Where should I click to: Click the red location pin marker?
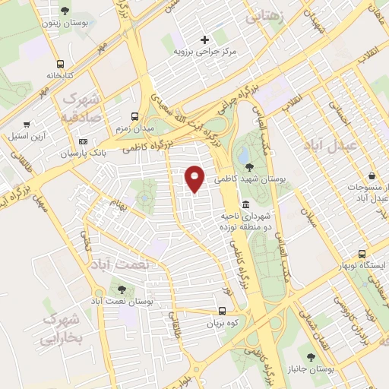point(195,179)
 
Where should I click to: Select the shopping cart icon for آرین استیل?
point(27,124)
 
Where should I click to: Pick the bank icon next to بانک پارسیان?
point(84,142)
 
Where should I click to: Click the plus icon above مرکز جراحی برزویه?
point(204,40)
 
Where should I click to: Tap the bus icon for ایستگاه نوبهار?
point(362,254)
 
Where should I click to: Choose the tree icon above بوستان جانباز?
point(310,356)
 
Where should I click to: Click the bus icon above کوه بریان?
point(223,311)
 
